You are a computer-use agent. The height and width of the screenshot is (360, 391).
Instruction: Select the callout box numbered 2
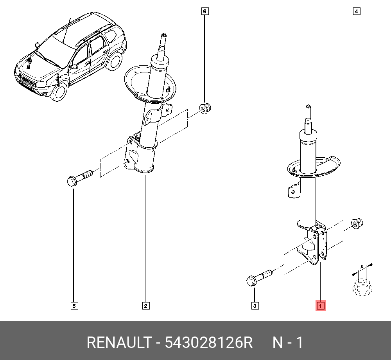[145, 306]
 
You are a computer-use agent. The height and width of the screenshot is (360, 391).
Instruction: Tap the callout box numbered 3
[255, 306]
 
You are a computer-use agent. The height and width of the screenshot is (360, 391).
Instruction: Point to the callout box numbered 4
[356, 11]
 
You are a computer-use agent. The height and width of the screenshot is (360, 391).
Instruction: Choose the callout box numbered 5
[74, 306]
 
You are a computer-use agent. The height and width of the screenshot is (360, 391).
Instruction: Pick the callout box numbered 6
[204, 11]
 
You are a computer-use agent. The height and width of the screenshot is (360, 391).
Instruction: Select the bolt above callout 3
[258, 277]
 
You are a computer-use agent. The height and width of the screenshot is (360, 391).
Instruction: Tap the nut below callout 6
[205, 108]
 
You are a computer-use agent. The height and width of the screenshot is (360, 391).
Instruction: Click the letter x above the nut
[362, 266]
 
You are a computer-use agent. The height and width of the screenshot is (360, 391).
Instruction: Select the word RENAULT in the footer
[118, 343]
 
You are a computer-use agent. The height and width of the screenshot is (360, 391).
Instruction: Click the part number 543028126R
[209, 343]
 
